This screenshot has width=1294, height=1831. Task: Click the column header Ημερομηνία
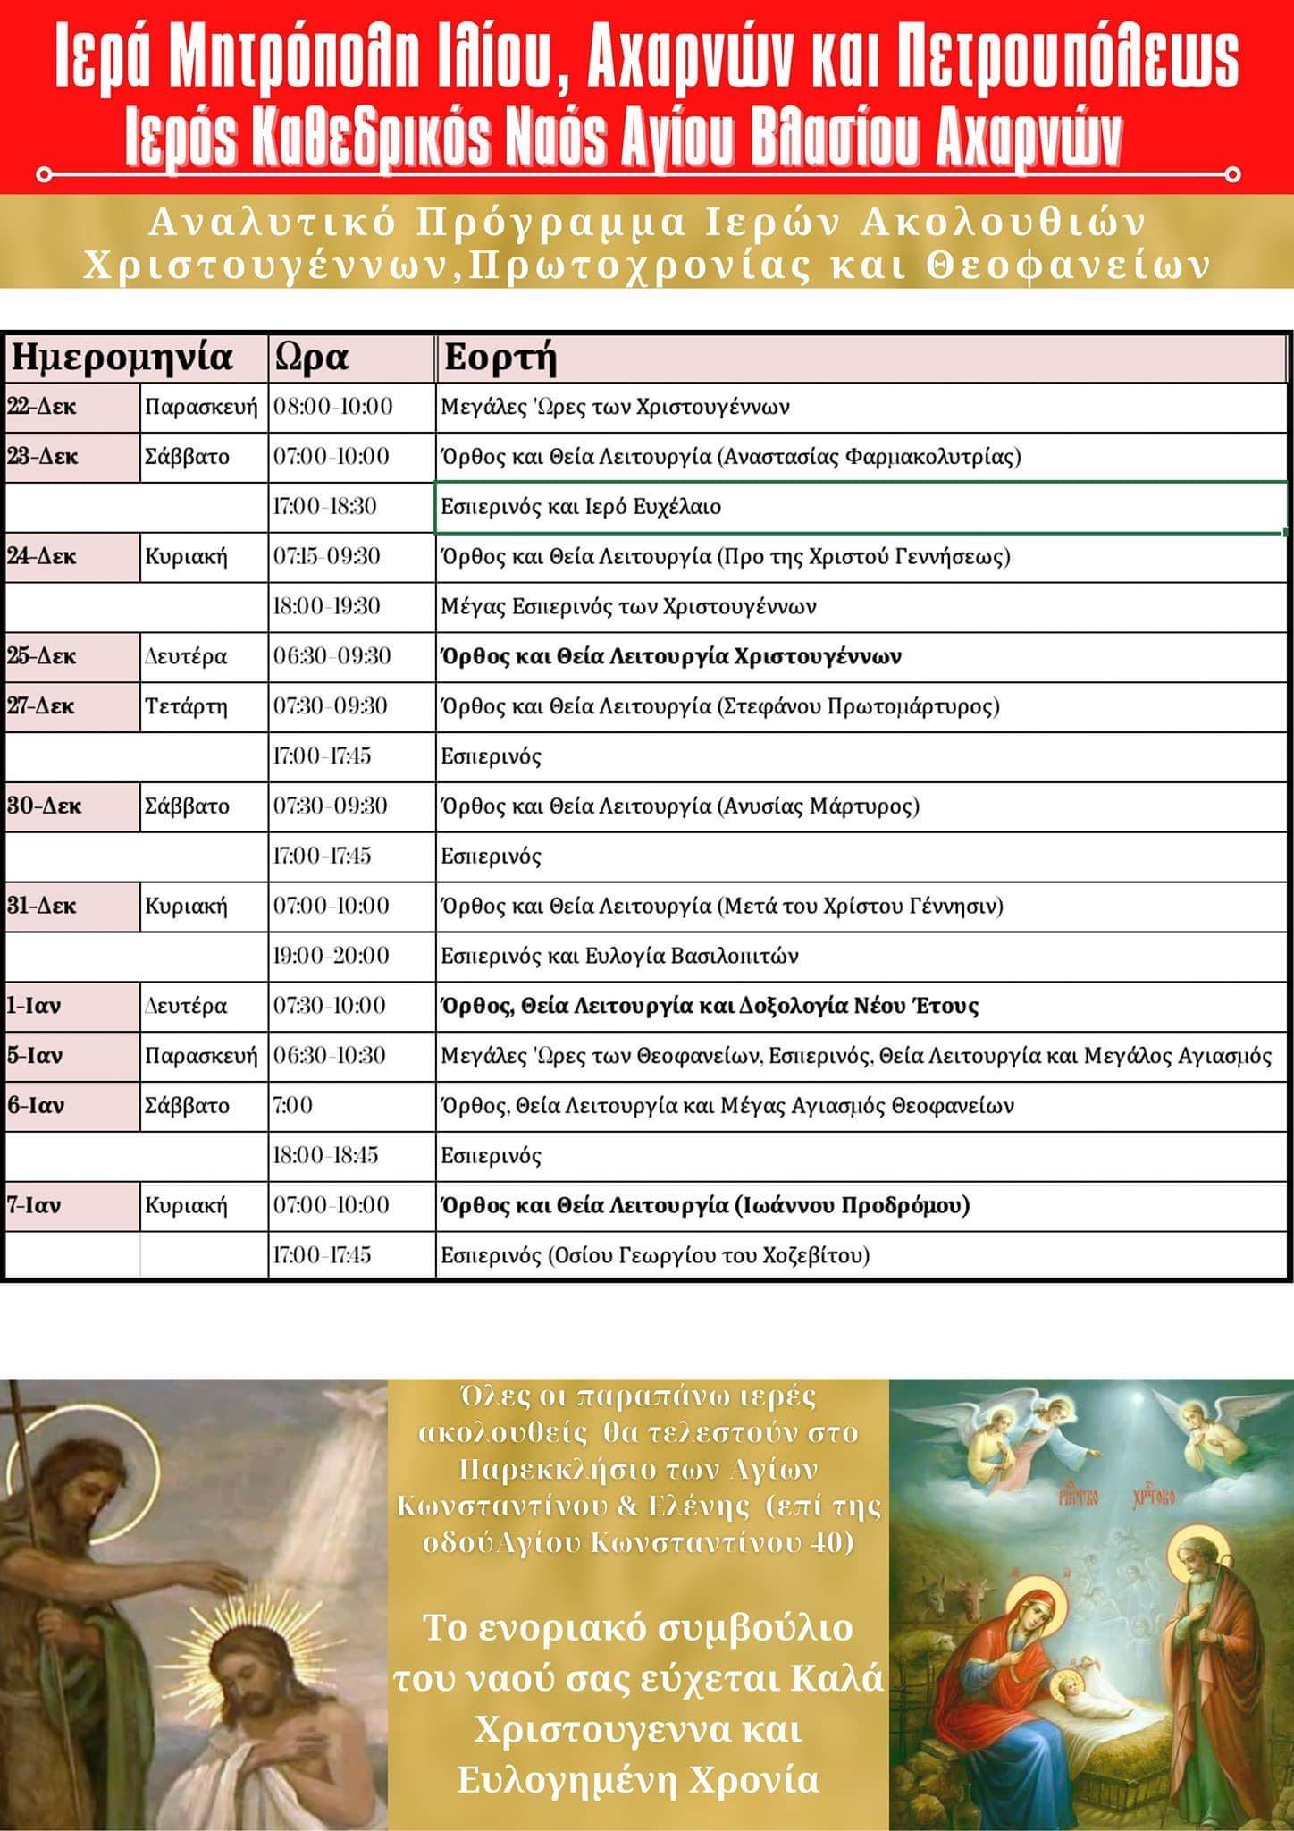[x=121, y=358]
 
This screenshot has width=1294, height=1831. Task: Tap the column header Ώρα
[x=312, y=358]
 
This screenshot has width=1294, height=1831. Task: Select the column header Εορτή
[x=500, y=358]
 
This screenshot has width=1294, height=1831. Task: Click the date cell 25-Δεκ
[x=43, y=656]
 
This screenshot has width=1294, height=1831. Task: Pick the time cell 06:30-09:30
[x=332, y=656]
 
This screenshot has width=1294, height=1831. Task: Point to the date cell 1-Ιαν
[x=34, y=1006]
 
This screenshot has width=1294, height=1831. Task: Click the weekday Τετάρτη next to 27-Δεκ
[x=186, y=706]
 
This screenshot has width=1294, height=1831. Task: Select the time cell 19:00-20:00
[x=332, y=956]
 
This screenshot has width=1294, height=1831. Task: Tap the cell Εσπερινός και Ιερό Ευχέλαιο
[x=581, y=507]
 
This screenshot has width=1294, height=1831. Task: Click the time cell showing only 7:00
[x=293, y=1106]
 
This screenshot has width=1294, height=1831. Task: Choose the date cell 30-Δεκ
[x=45, y=806]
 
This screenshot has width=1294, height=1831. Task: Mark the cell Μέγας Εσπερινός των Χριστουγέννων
[x=628, y=607]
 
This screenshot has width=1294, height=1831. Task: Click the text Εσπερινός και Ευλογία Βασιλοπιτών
[x=619, y=956]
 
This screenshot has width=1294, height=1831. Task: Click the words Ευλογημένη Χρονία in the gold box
[x=638, y=1778]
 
